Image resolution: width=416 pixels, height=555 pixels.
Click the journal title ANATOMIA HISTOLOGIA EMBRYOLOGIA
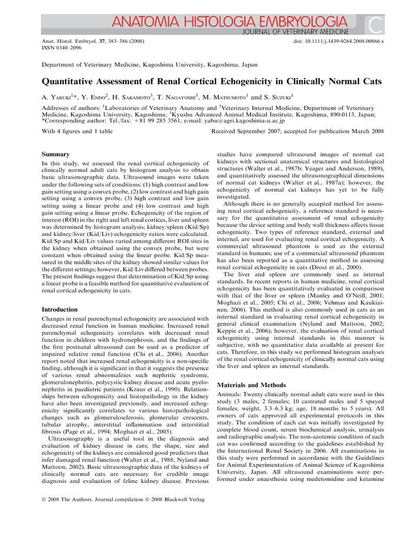(x=230, y=22)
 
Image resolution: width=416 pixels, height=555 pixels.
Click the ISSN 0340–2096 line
(x=61, y=48)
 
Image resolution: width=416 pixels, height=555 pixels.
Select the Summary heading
(x=56, y=154)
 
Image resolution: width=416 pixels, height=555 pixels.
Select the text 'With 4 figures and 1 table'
(x=77, y=132)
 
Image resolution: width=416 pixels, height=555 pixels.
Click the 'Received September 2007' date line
(x=297, y=132)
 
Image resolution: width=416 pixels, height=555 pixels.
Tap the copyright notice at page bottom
(x=123, y=498)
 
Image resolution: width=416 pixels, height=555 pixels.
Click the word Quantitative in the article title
(x=70, y=82)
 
